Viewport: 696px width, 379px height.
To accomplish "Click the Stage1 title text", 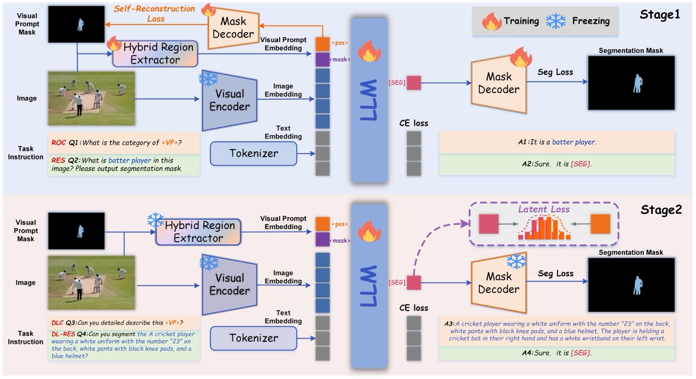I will click(x=659, y=15).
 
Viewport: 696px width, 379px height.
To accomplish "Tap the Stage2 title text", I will click(x=660, y=210).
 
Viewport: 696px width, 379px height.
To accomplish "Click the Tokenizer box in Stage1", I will click(x=253, y=154).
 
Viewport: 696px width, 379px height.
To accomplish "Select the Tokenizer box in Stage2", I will click(x=253, y=338).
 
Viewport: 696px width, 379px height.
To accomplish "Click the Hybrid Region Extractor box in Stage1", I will click(x=155, y=54).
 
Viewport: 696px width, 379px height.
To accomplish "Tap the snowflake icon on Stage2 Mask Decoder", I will click(x=516, y=261).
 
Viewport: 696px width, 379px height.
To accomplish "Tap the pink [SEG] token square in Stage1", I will click(x=414, y=83).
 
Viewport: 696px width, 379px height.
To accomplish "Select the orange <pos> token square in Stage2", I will click(x=322, y=224).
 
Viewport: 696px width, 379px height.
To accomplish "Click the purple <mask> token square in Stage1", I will click(x=322, y=59).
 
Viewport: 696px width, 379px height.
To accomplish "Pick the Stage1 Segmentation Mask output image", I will click(x=631, y=83).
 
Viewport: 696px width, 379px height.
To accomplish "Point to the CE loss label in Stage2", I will click(x=414, y=308).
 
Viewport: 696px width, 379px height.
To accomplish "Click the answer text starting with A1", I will click(x=556, y=142).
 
